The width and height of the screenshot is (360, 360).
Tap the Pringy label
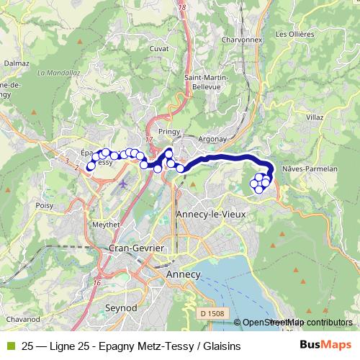pyautogui.click(x=169, y=131)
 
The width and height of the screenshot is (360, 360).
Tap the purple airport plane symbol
pyautogui.click(x=123, y=183)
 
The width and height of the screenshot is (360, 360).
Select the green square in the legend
pyautogui.click(x=9, y=346)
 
